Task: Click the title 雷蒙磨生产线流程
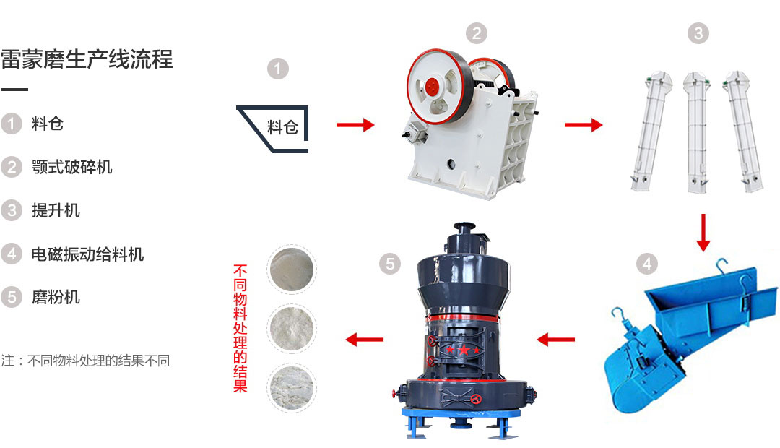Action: (87, 59)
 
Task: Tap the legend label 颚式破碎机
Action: (71, 167)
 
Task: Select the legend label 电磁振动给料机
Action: (87, 254)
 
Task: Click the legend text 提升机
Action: (56, 210)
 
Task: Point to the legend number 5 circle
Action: (12, 297)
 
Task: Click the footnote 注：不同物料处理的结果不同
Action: (85, 361)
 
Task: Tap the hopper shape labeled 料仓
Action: (272, 129)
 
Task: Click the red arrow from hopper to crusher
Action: (355, 124)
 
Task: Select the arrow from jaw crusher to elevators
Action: (584, 124)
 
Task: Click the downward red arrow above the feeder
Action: (703, 233)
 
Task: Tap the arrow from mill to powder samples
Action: (364, 340)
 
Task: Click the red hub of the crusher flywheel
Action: (433, 87)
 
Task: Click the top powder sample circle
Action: (292, 270)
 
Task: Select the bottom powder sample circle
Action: (292, 387)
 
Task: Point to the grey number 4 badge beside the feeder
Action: (646, 264)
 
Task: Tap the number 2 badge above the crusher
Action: (477, 33)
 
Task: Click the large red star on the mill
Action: (464, 350)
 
